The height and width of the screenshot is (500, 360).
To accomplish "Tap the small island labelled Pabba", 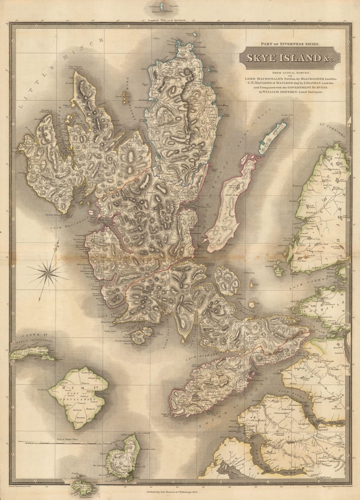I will (x=253, y=305).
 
